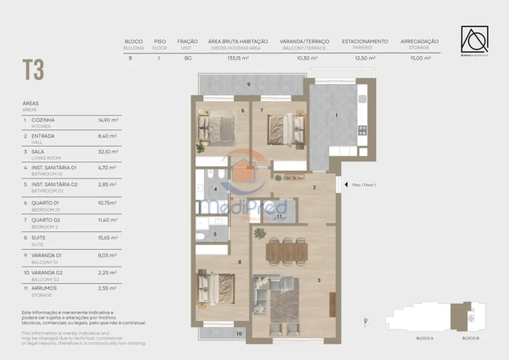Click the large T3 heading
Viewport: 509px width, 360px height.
(33, 70)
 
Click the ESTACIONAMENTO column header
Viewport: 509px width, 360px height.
(365, 41)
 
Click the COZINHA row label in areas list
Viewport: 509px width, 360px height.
(43, 120)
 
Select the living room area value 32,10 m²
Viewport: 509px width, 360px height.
(107, 152)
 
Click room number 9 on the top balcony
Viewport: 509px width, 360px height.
(248, 85)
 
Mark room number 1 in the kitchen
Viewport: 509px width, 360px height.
(337, 115)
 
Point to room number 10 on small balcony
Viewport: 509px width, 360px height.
(239, 333)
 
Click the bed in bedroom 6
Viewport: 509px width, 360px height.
(216, 128)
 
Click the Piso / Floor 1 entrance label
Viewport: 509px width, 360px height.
(365, 184)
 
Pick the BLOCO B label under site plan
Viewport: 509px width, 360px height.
(470, 338)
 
